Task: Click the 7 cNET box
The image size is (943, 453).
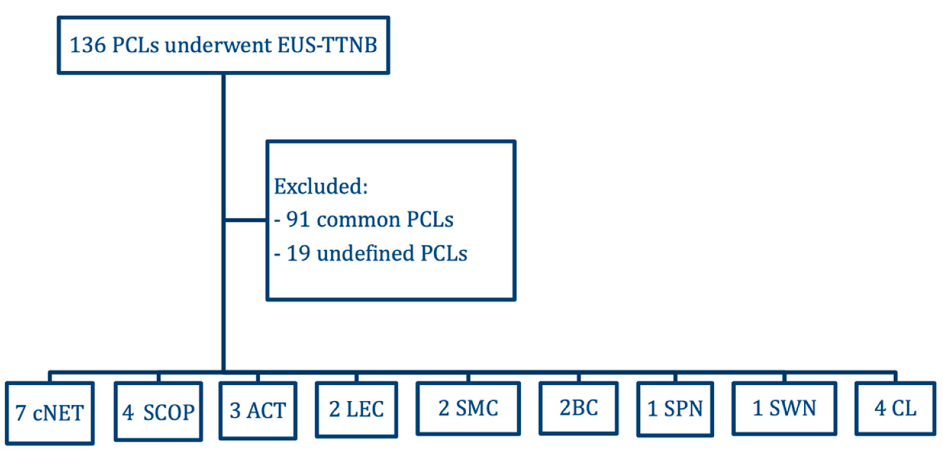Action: point(50,413)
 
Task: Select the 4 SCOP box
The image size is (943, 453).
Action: point(158,411)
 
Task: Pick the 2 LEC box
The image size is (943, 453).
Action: point(356,409)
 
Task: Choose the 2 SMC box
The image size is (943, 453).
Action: point(468,408)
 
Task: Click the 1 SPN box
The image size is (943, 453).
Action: point(675,408)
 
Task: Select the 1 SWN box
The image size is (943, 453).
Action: point(784,408)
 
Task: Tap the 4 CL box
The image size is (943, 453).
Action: point(895,408)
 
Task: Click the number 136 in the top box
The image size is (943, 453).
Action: point(88,45)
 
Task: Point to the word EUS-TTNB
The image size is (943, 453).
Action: point(327,45)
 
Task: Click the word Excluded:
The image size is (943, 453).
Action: point(321,187)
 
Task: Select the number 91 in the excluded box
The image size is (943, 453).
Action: point(297,219)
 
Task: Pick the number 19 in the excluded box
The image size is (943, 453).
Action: point(298,253)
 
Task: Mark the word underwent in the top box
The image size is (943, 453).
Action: point(218,45)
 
